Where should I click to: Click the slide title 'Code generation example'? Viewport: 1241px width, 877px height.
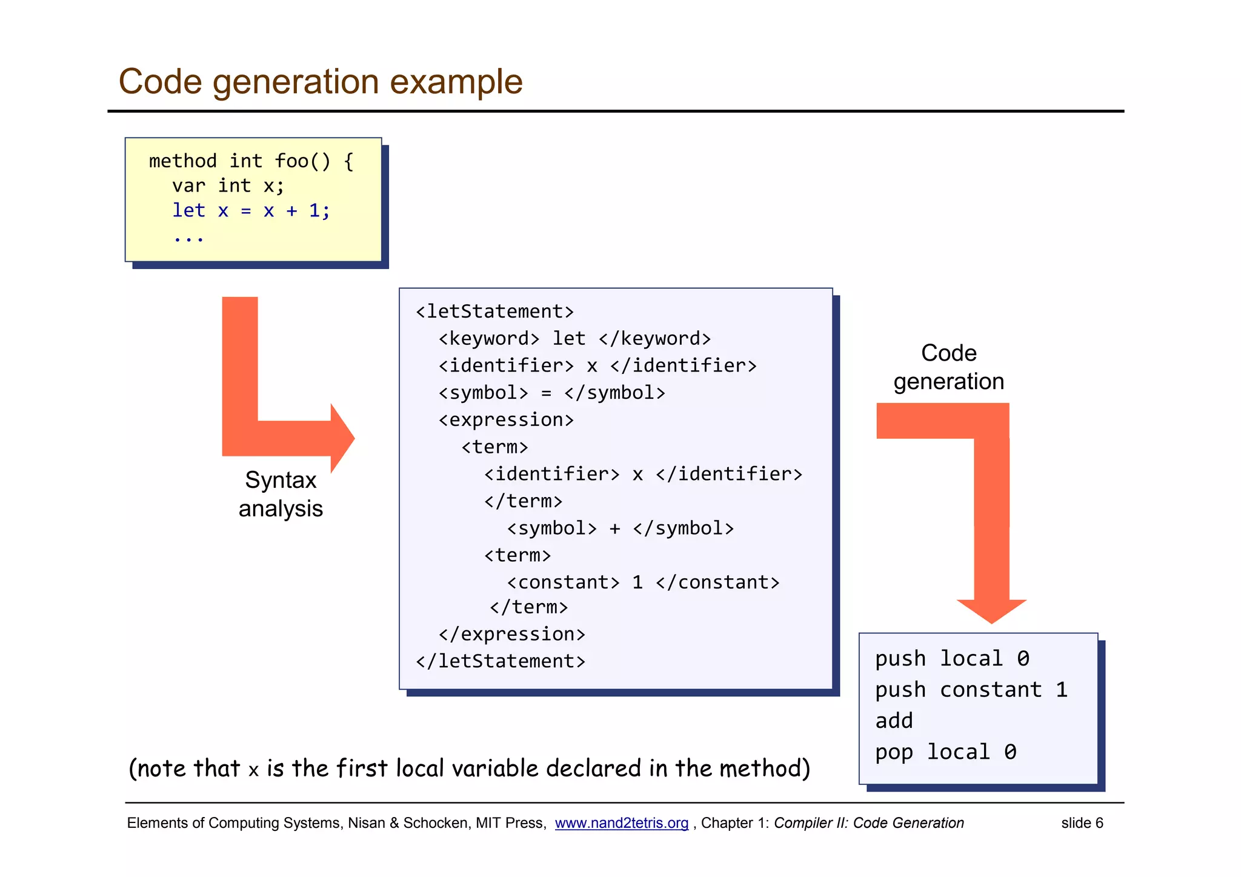point(320,81)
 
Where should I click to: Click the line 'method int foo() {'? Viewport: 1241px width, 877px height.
point(251,161)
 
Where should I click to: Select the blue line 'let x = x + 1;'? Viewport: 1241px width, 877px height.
point(251,211)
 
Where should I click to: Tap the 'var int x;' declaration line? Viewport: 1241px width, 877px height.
point(228,185)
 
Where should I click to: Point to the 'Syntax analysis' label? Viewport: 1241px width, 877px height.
point(281,494)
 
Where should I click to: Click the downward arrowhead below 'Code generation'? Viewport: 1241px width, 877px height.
point(991,610)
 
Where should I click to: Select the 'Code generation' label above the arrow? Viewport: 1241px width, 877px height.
point(948,367)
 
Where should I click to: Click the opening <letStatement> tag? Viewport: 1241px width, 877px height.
point(494,312)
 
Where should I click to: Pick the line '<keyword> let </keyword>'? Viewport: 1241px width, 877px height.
point(574,338)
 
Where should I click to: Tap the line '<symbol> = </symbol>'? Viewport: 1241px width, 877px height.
point(551,393)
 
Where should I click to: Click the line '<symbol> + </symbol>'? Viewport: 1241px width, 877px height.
point(620,528)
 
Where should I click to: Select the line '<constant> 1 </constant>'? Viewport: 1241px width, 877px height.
point(643,582)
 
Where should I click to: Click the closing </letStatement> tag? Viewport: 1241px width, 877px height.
point(501,661)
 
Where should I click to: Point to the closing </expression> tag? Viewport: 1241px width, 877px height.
point(511,634)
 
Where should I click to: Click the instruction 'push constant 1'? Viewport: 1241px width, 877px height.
point(971,690)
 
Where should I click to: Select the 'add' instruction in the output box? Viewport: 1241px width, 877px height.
point(894,721)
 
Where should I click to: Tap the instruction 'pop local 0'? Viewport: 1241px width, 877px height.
point(945,752)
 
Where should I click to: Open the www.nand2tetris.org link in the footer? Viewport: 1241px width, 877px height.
point(621,823)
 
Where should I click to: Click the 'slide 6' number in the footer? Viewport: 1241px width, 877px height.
point(1082,823)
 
